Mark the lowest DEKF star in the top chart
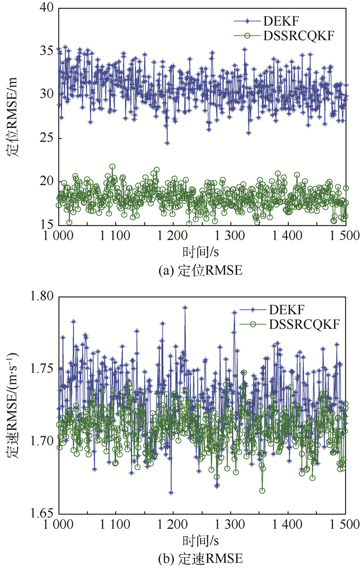click(x=167, y=143)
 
